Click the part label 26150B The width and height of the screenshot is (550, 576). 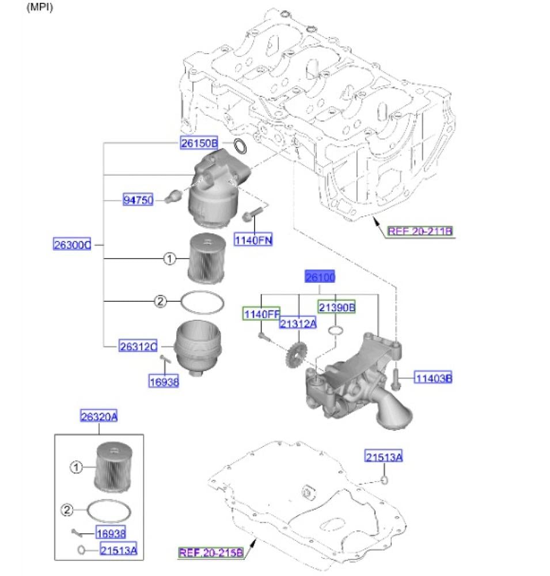[198, 143]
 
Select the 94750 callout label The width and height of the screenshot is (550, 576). [138, 200]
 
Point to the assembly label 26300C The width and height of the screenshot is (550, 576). [72, 245]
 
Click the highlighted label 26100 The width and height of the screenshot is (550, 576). [320, 278]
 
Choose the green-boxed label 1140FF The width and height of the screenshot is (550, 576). [260, 314]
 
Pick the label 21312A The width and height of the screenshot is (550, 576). [298, 324]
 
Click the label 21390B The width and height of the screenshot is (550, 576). [337, 308]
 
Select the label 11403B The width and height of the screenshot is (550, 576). [434, 378]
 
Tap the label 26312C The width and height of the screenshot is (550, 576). [138, 346]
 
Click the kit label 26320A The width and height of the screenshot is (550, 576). [98, 415]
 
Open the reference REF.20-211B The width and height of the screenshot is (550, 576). [419, 232]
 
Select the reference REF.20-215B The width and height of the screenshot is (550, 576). [211, 553]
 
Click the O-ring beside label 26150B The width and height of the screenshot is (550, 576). [242, 147]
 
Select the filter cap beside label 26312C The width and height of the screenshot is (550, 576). [198, 348]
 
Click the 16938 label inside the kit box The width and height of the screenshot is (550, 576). [111, 533]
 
